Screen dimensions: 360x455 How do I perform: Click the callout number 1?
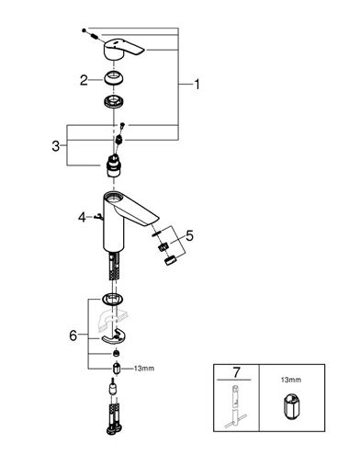[197, 85]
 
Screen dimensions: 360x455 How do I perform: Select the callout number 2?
[84, 81]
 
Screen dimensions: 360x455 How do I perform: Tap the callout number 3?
[56, 146]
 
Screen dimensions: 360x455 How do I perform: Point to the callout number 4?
[82, 218]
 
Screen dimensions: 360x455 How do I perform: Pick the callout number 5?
[190, 236]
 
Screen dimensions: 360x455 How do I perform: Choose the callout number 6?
[73, 336]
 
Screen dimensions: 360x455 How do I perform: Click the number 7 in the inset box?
[236, 372]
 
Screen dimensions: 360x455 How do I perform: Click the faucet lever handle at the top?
[123, 50]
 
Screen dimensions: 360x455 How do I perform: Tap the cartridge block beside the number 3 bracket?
[114, 166]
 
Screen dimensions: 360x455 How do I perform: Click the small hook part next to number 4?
[99, 217]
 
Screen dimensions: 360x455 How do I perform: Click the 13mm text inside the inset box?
[291, 380]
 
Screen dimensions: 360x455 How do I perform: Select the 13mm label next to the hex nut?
[144, 369]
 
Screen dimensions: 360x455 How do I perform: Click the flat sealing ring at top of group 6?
[113, 299]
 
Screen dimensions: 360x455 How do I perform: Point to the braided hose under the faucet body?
[114, 266]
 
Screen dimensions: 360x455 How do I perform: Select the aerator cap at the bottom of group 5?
[171, 260]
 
